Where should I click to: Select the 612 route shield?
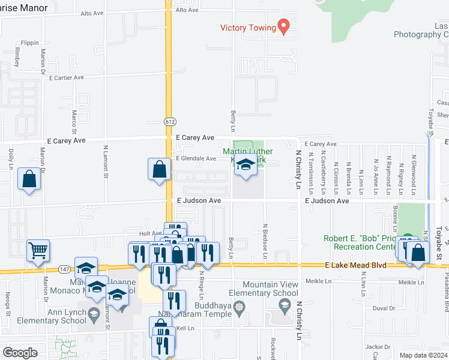tap(169, 121)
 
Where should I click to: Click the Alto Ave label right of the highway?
tap(187, 11)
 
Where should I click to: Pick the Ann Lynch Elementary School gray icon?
tap(94, 313)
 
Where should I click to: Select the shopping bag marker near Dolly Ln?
tap(29, 178)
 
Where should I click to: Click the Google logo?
tap(20, 353)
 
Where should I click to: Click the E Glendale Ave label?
tap(195, 159)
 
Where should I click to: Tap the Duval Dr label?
tap(379, 308)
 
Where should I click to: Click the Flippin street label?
tap(29, 43)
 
